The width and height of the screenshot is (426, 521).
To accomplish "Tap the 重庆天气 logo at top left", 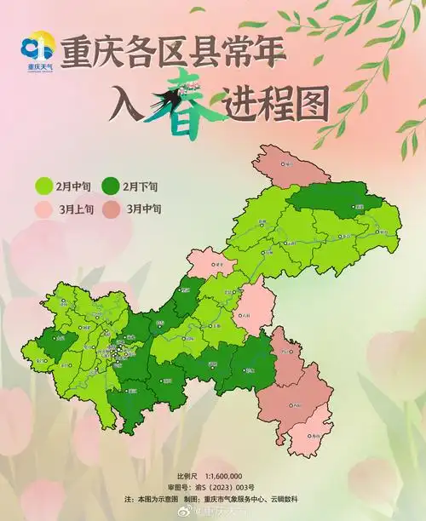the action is coord(35,51).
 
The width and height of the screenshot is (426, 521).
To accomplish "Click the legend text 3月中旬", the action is coord(142,208).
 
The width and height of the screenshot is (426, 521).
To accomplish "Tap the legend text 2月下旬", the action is coord(142,186).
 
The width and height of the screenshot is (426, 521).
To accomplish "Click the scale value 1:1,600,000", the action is coord(223,475).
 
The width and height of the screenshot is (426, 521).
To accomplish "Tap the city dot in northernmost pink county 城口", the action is coord(289,164).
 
